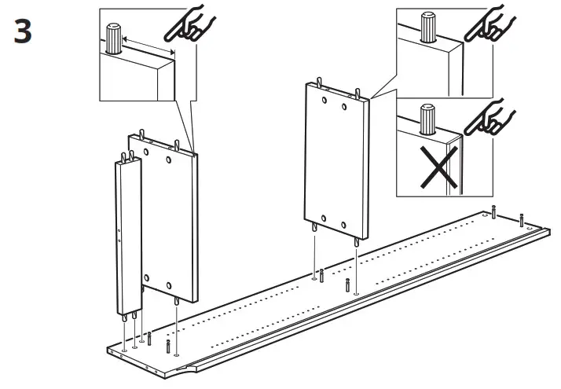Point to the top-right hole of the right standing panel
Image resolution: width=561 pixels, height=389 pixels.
point(344,105)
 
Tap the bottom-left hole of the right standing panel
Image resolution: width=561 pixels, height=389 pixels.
point(322,217)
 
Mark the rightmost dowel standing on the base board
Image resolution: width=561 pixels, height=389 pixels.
point(521,217)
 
